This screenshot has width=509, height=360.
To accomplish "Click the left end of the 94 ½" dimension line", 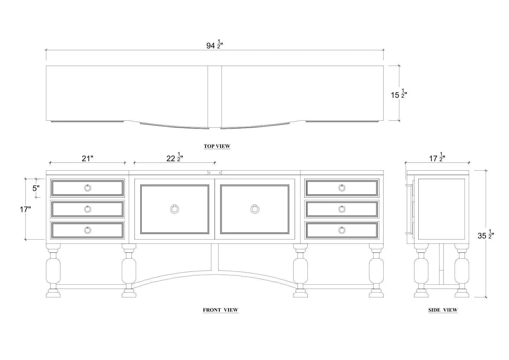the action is pyautogui.click(x=46, y=50).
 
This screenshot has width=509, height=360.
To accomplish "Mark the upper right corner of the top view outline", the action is pyautogui.click(x=383, y=66).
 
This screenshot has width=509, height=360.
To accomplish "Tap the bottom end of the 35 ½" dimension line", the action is pyautogui.click(x=486, y=297).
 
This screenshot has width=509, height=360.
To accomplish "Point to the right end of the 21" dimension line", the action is pyautogui.click(x=125, y=163).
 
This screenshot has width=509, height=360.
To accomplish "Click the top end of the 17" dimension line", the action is pyautogui.click(x=25, y=179).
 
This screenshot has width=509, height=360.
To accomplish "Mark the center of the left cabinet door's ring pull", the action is pyautogui.click(x=174, y=209).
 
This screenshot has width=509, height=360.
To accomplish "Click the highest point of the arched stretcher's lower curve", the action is pyautogui.click(x=215, y=274).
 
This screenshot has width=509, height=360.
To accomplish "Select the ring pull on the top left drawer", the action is pyautogui.click(x=87, y=188).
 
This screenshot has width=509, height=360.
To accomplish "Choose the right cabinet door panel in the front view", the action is pyautogui.click(x=255, y=209).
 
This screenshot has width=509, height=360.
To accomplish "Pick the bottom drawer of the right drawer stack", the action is pyautogui.click(x=342, y=231).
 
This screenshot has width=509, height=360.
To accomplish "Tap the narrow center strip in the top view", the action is pyautogui.click(x=215, y=97).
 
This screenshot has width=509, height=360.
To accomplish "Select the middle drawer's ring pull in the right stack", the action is pyautogui.click(x=342, y=209).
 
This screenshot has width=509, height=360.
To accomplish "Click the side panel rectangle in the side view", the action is pyautogui.click(x=442, y=209).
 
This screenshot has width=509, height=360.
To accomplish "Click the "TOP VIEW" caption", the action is pyautogui.click(x=217, y=146).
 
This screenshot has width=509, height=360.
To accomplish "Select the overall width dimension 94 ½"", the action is pyautogui.click(x=215, y=44).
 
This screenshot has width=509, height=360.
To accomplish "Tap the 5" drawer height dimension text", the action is pyautogui.click(x=36, y=188).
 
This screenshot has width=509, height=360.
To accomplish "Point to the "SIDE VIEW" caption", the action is pyautogui.click(x=443, y=310).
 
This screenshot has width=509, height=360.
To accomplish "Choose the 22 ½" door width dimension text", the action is pyautogui.click(x=175, y=157).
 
